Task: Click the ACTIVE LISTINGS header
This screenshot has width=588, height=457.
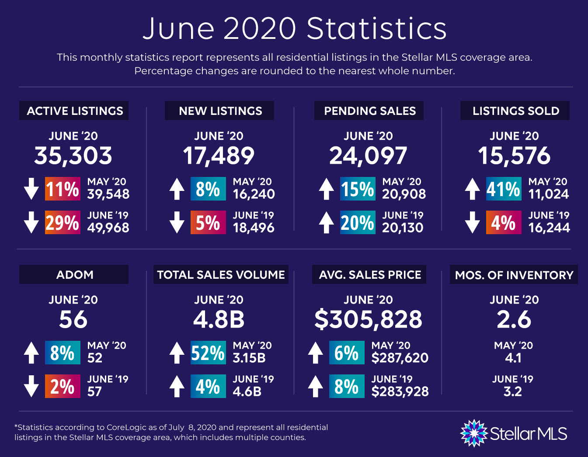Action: coord(74,111)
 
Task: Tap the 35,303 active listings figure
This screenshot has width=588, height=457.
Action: coord(73,156)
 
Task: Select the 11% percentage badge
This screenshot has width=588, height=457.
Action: coord(63,189)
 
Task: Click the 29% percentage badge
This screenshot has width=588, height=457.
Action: coord(63,222)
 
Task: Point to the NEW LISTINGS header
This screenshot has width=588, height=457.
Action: coord(219,111)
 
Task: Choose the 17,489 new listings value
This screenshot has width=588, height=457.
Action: coord(219,156)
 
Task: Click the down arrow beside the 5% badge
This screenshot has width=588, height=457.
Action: coord(177,222)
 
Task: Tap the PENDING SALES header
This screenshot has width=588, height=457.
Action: coord(369,111)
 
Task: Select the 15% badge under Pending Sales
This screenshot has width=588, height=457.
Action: coord(358,189)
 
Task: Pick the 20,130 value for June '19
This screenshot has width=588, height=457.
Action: coord(403,228)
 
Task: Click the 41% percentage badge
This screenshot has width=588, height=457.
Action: coord(504,189)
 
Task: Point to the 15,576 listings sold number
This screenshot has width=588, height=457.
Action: coord(514,156)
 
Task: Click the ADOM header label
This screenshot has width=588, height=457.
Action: coord(74,274)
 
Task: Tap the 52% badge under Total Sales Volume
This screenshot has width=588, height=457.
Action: coord(208,353)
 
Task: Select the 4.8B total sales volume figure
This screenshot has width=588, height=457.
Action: coord(219,320)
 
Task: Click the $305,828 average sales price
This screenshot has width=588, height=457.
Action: coord(368,320)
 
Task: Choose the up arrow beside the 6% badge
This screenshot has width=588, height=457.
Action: coord(316,353)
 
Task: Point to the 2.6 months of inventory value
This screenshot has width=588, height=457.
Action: coord(514,320)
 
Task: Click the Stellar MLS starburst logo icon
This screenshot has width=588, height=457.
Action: coord(474,433)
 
